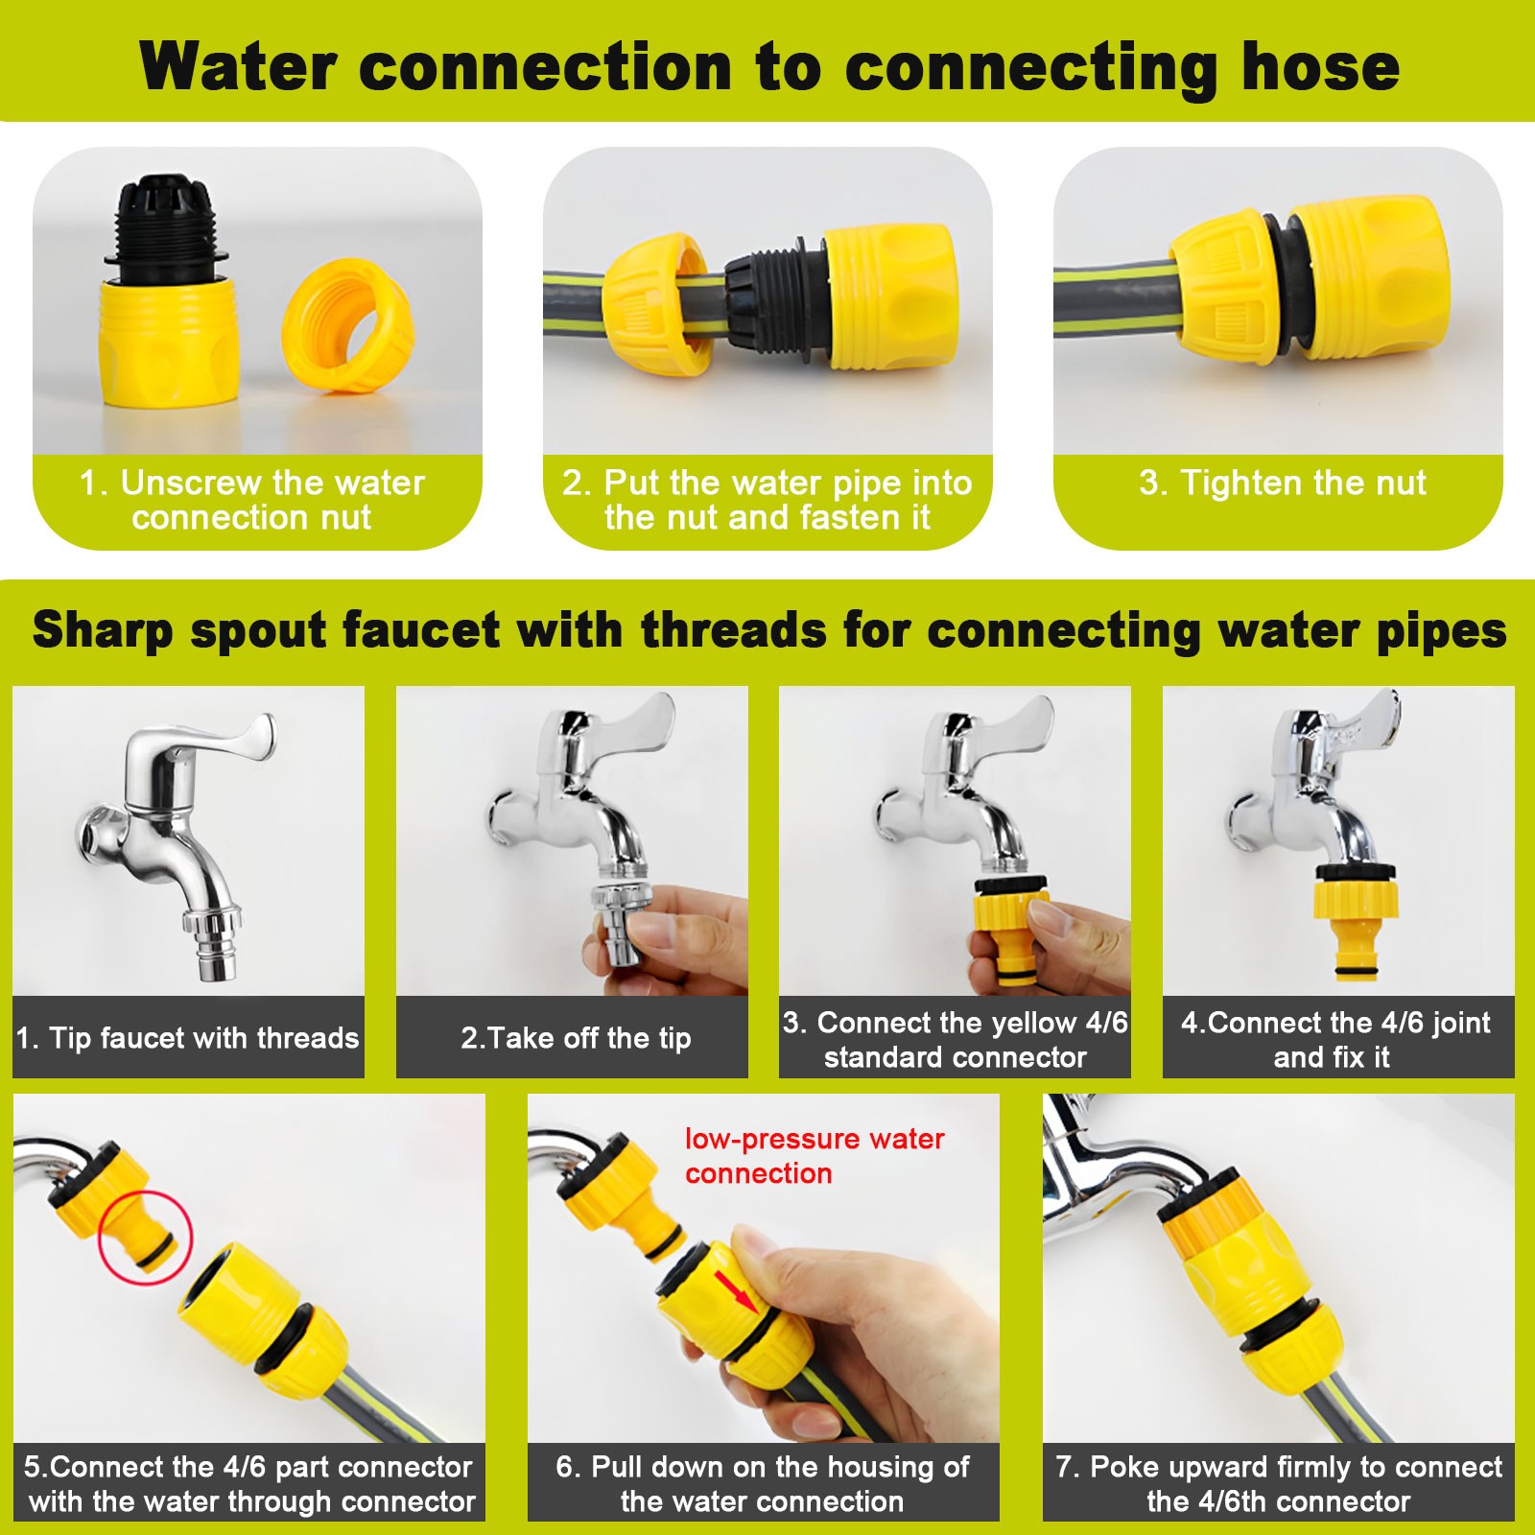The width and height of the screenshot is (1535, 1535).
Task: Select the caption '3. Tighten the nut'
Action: tap(1282, 483)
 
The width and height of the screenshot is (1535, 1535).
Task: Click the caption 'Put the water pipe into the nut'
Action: tap(767, 500)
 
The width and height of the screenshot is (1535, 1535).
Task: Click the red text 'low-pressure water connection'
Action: tap(814, 1156)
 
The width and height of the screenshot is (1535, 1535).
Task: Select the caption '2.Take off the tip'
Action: tap(576, 1038)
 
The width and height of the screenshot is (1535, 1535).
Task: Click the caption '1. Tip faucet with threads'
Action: tap(188, 1038)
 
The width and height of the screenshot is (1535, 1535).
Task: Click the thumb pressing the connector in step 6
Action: tap(758, 1247)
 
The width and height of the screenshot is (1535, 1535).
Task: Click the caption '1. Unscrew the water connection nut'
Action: tap(251, 500)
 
